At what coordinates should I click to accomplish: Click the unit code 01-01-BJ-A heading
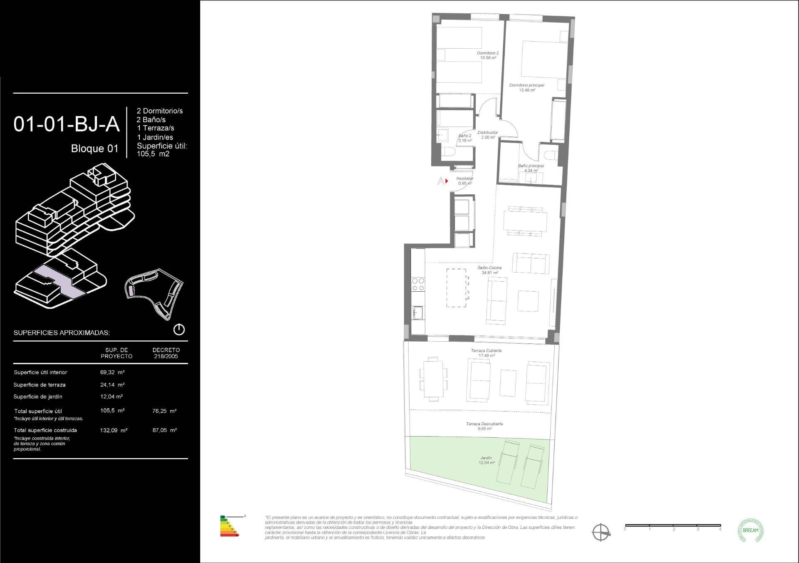pyautogui.click(x=67, y=124)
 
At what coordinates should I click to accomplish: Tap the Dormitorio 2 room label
pyautogui.click(x=488, y=55)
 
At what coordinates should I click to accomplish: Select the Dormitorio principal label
pyautogui.click(x=526, y=87)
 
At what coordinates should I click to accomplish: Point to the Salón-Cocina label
pyautogui.click(x=489, y=270)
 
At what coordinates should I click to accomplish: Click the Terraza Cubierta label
pyautogui.click(x=486, y=353)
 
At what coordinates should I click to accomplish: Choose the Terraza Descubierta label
pyautogui.click(x=484, y=426)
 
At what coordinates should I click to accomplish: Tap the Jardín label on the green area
pyautogui.click(x=486, y=460)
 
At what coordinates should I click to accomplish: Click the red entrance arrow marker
pyautogui.click(x=446, y=181)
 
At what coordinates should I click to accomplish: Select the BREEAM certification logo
pyautogui.click(x=750, y=531)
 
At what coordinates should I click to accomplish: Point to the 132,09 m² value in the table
pyautogui.click(x=114, y=431)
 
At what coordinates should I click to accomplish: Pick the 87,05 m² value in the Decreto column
pyautogui.click(x=164, y=430)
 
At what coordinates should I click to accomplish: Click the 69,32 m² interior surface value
pyautogui.click(x=112, y=372)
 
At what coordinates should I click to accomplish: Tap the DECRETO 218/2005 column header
pyautogui.click(x=166, y=353)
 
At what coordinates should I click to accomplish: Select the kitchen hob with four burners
pyautogui.click(x=418, y=284)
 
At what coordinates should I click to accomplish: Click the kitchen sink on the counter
pyautogui.click(x=417, y=312)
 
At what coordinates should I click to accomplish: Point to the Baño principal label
pyautogui.click(x=531, y=168)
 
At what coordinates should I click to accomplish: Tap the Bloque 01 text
pyautogui.click(x=94, y=149)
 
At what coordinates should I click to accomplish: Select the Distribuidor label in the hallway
pyautogui.click(x=488, y=135)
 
